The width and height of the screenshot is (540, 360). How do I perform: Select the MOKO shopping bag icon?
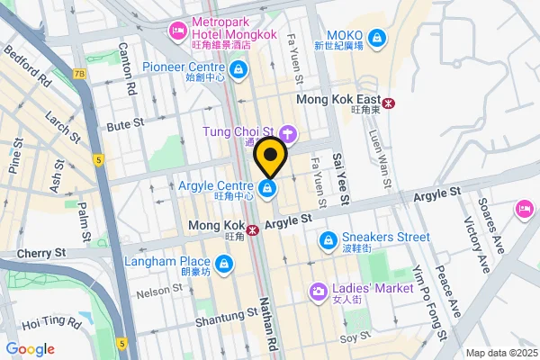tap(378, 38)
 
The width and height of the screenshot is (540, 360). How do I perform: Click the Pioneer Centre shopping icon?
tap(237, 68)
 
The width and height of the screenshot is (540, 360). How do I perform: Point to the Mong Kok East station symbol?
tap(388, 103)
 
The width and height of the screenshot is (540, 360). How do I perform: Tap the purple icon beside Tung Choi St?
tap(287, 135)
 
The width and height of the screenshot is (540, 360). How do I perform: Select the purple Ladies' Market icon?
tap(318, 291)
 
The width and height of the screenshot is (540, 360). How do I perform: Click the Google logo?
tap(30, 348)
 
